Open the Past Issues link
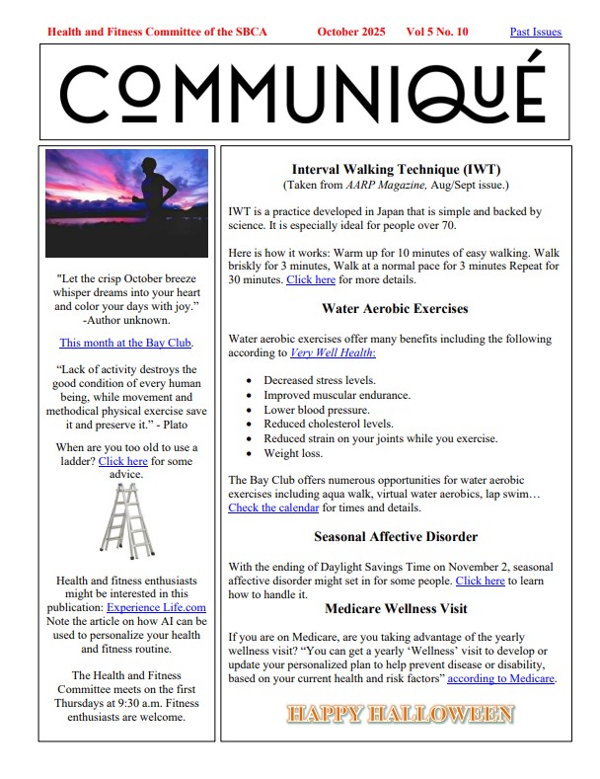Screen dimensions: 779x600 (x=535, y=32)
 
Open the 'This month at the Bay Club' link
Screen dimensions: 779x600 (x=125, y=343)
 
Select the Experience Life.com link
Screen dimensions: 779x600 (x=156, y=607)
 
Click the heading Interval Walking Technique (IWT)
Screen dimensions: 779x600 (x=396, y=169)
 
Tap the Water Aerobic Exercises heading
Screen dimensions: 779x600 (x=395, y=308)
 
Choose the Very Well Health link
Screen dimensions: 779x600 (x=333, y=352)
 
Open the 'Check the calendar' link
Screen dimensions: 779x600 (x=273, y=507)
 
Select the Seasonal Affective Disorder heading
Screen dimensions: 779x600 (x=396, y=537)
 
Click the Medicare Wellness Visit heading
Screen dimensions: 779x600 (x=396, y=608)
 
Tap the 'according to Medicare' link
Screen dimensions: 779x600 (x=501, y=678)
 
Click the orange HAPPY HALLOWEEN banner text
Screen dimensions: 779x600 (x=400, y=713)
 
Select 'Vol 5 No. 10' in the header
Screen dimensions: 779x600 (x=436, y=32)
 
